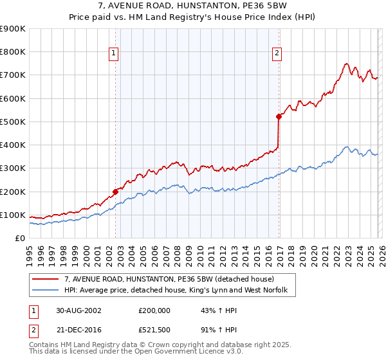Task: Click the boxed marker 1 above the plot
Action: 113,54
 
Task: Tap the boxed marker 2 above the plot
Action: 277,54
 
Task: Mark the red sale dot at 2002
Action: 116,192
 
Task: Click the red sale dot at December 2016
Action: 279,116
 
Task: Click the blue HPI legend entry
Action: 179,291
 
